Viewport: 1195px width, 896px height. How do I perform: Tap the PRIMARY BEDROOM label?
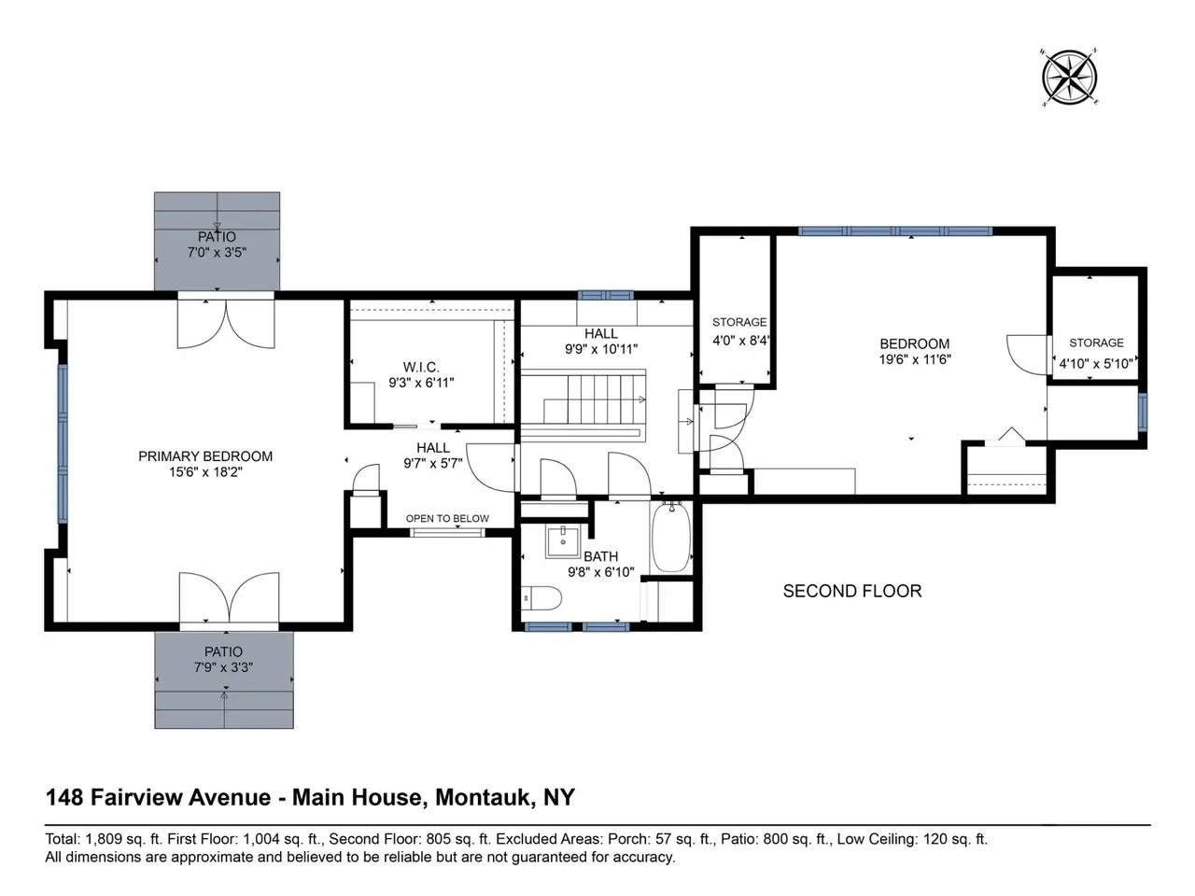205,456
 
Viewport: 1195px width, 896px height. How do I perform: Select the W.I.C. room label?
421,367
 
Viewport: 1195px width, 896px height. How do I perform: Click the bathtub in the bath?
671,538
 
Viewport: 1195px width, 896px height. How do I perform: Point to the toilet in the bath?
541,598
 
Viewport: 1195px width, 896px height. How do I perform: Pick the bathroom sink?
563,541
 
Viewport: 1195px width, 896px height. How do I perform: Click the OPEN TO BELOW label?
447,518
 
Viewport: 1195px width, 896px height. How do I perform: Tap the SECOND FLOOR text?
852,592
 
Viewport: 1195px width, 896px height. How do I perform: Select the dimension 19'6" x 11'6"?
915,359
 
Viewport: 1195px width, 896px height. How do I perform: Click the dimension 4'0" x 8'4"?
741,341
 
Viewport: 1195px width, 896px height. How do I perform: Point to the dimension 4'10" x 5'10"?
1096,363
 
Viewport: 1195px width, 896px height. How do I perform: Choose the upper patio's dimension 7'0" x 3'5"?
218,252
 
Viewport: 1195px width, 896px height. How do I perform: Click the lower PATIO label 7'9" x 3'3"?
223,659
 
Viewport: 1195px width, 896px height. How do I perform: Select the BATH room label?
600,556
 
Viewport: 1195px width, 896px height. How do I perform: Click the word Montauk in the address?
483,797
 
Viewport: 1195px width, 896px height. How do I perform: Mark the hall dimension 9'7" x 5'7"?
433,464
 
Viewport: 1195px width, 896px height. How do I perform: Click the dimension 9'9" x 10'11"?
601,349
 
